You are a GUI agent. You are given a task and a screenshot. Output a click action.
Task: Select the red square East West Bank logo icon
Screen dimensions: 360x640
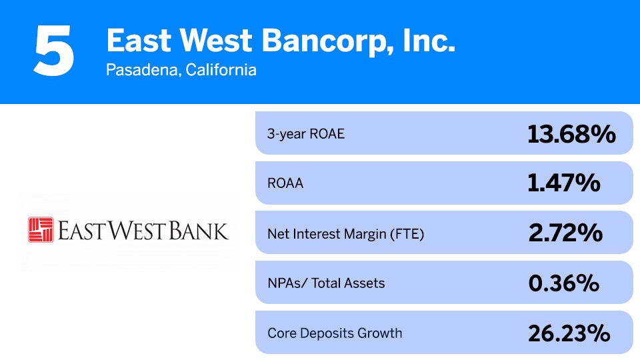(40, 229)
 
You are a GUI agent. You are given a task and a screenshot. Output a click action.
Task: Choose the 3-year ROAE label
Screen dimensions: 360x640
(306, 133)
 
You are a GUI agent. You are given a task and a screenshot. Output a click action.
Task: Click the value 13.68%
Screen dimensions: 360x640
(571, 134)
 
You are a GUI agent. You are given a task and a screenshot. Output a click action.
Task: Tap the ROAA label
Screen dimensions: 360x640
(285, 183)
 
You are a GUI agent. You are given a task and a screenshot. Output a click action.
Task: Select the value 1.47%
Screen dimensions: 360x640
(564, 183)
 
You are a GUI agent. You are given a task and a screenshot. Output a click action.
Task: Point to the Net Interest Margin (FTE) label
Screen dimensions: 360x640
(345, 233)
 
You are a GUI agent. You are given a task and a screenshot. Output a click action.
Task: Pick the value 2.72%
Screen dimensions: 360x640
(565, 233)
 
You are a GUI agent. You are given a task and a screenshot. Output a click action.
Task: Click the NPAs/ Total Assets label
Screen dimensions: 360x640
(326, 283)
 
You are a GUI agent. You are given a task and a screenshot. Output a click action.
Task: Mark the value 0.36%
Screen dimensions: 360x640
(564, 283)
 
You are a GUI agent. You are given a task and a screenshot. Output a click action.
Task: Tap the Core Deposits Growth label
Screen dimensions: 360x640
(335, 333)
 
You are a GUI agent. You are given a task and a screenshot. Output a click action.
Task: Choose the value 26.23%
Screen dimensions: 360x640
(569, 333)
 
